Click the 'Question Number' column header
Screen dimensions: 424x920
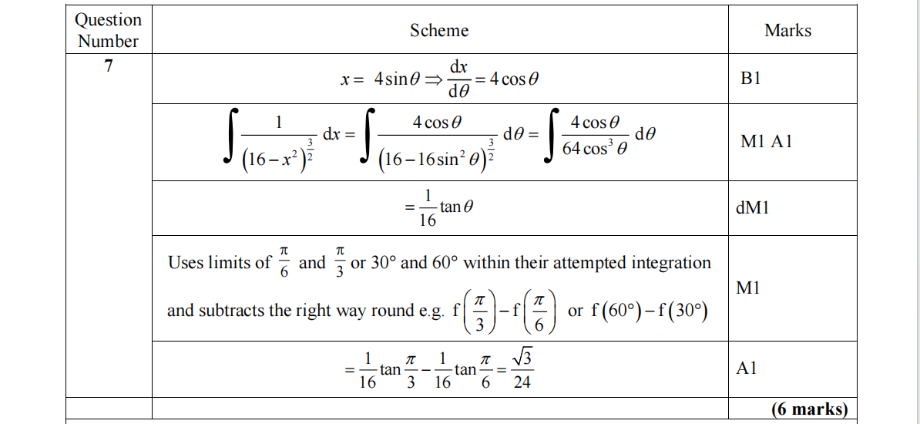pos(109,30)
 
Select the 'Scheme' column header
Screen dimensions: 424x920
pos(439,31)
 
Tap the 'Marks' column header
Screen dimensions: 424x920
pos(787,31)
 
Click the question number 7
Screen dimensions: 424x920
pos(109,66)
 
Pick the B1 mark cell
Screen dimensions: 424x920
pos(750,79)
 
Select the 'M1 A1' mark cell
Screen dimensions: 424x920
pos(766,142)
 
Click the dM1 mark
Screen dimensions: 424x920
pos(753,208)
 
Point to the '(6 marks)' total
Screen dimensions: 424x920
pos(809,409)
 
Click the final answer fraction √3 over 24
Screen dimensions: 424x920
pos(522,369)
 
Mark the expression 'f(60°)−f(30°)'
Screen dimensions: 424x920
pos(650,311)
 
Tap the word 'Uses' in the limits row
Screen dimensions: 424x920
pos(186,263)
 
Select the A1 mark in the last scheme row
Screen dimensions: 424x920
pos(747,368)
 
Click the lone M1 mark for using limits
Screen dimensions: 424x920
pos(748,288)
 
